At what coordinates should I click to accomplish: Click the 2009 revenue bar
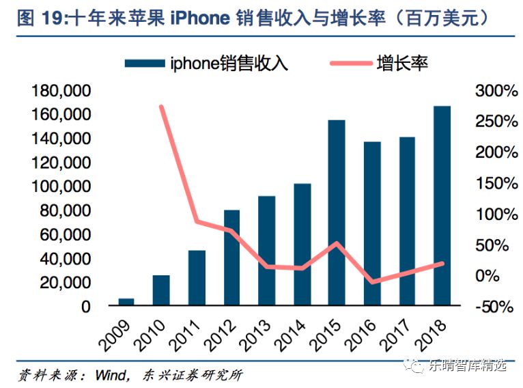(x=126, y=302)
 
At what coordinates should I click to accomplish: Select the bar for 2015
(x=337, y=212)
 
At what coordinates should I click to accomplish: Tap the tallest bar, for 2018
(x=442, y=206)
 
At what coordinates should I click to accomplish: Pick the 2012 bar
(x=231, y=258)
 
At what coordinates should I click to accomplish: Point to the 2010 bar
(x=161, y=290)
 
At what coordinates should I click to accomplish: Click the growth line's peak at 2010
(x=161, y=107)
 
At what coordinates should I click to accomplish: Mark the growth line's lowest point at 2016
(x=372, y=282)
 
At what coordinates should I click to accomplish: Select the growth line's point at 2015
(x=337, y=243)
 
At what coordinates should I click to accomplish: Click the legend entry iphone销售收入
(x=206, y=63)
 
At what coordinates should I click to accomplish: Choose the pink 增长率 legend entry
(x=379, y=63)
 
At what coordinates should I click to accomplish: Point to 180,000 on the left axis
(x=61, y=91)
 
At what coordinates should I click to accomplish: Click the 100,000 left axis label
(x=61, y=186)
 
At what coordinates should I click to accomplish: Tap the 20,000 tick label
(x=66, y=283)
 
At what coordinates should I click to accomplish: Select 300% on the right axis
(x=496, y=91)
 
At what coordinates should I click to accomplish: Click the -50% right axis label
(x=494, y=307)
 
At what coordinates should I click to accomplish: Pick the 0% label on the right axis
(x=487, y=276)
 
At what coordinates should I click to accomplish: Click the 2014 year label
(x=289, y=335)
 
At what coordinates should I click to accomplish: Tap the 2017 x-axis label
(x=395, y=335)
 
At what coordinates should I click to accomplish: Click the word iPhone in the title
(x=200, y=18)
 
